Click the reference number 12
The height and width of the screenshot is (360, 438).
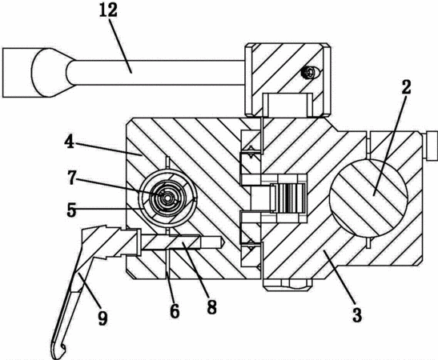click(109, 11)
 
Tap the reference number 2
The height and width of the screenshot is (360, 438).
click(406, 86)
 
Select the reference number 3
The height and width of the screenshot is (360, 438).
click(357, 314)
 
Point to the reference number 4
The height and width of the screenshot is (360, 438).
click(70, 142)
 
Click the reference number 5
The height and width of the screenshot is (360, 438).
click(71, 210)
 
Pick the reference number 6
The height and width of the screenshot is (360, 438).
click(175, 311)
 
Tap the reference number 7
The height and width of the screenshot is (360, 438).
click(71, 178)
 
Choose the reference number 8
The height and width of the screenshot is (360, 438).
click(211, 307)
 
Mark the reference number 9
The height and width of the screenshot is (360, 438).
click(102, 318)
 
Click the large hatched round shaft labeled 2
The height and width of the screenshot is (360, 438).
click(368, 198)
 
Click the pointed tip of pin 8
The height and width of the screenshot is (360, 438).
click(223, 242)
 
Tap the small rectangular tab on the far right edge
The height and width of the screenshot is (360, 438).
click(432, 146)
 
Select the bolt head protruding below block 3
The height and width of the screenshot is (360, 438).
click(287, 284)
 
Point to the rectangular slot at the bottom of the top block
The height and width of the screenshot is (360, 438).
click(288, 105)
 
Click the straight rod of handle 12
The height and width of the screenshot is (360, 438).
click(156, 73)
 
